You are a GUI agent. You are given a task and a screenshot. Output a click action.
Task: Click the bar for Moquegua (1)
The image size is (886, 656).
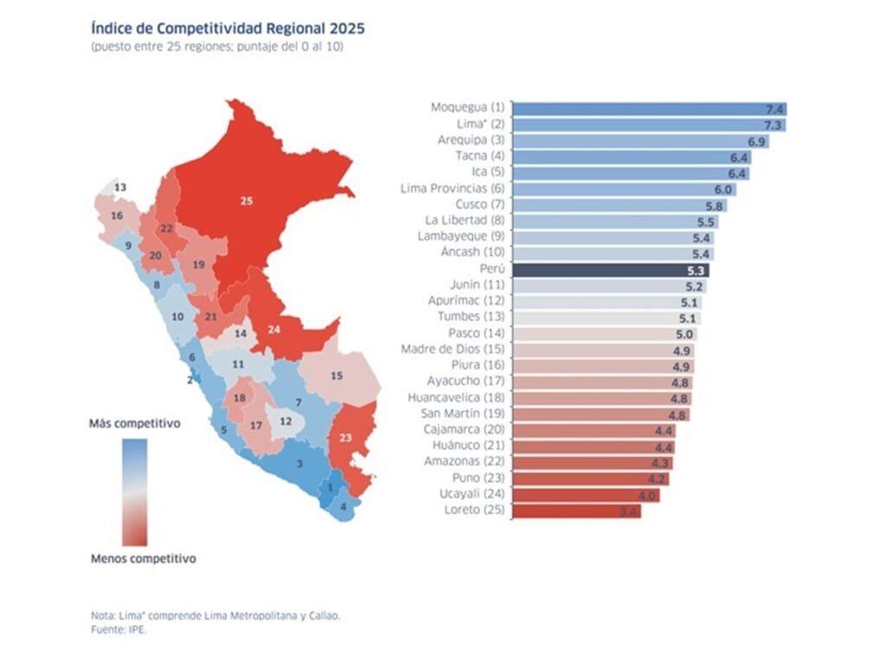pyautogui.click(x=649, y=108)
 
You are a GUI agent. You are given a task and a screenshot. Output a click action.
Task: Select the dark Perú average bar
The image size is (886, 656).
pyautogui.click(x=611, y=269)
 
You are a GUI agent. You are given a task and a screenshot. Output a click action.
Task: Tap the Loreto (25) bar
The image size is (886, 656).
pyautogui.click(x=576, y=511)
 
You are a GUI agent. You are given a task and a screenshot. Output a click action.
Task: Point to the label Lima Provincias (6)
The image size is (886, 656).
pyautogui.click(x=453, y=189)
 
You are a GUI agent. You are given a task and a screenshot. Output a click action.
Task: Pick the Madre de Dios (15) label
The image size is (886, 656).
pyautogui.click(x=453, y=350)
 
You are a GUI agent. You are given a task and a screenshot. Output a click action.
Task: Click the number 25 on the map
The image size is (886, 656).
pyautogui.click(x=247, y=201)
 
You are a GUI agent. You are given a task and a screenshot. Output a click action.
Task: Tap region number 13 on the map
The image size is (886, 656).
pyautogui.click(x=120, y=187)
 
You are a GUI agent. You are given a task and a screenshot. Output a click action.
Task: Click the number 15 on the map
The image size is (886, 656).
pyautogui.click(x=337, y=376)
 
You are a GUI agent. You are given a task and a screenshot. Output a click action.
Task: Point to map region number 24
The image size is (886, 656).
pyautogui.click(x=274, y=330)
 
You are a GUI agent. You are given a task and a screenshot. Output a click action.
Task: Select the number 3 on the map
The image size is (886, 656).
pyautogui.click(x=299, y=464)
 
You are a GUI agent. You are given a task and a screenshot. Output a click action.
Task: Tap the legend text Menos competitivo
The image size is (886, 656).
pyautogui.click(x=143, y=559)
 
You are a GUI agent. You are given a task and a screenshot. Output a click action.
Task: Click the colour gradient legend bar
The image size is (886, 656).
pyautogui.click(x=135, y=491)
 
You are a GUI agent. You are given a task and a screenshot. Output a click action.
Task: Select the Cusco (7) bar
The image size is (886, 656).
pyautogui.click(x=619, y=205)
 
